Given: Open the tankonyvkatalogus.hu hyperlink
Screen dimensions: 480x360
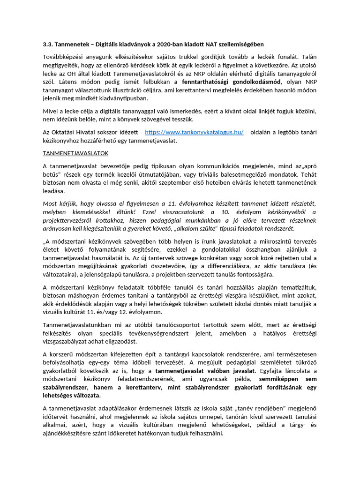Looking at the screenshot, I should click(194, 132).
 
